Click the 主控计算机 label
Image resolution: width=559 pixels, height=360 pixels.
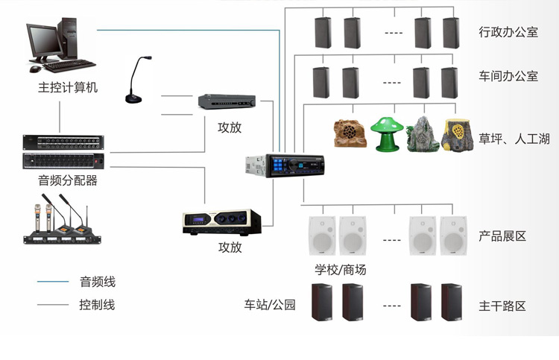(68, 87)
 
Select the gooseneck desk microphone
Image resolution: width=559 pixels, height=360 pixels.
(135, 83)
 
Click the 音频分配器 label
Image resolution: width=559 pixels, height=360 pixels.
(68, 180)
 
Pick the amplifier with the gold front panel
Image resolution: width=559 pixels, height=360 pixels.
(221, 223)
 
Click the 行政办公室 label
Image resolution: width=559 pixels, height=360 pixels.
(508, 32)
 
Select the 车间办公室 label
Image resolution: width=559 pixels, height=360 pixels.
(508, 76)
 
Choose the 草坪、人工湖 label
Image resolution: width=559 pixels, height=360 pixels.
(514, 139)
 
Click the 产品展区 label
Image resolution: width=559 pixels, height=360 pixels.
(502, 236)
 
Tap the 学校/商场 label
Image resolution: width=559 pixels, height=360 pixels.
(340, 269)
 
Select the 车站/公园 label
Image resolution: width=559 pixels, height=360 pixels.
(270, 305)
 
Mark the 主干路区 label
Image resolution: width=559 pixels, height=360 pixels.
(502, 306)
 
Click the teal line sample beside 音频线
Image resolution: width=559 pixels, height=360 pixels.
(53, 282)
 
